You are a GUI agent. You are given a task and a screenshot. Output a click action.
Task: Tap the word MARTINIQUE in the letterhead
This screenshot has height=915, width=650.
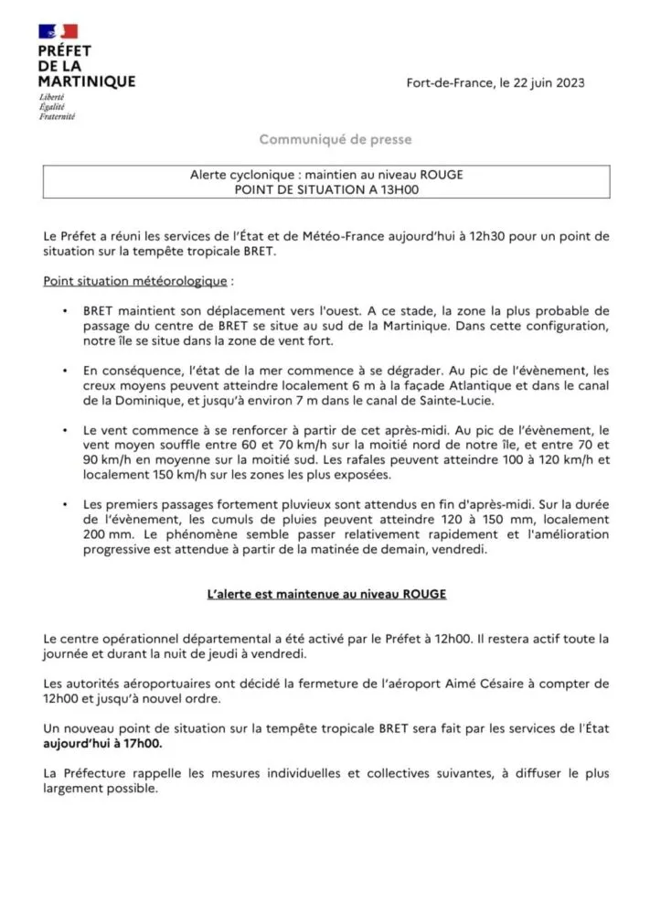tap(87, 81)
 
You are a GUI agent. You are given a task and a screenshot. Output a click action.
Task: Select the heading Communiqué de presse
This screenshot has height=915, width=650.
tap(336, 140)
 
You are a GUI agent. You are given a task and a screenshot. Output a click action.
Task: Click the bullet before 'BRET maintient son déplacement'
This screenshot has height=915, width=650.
tap(64, 311)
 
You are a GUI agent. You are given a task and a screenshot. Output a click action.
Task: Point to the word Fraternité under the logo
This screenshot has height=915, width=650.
tap(57, 117)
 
